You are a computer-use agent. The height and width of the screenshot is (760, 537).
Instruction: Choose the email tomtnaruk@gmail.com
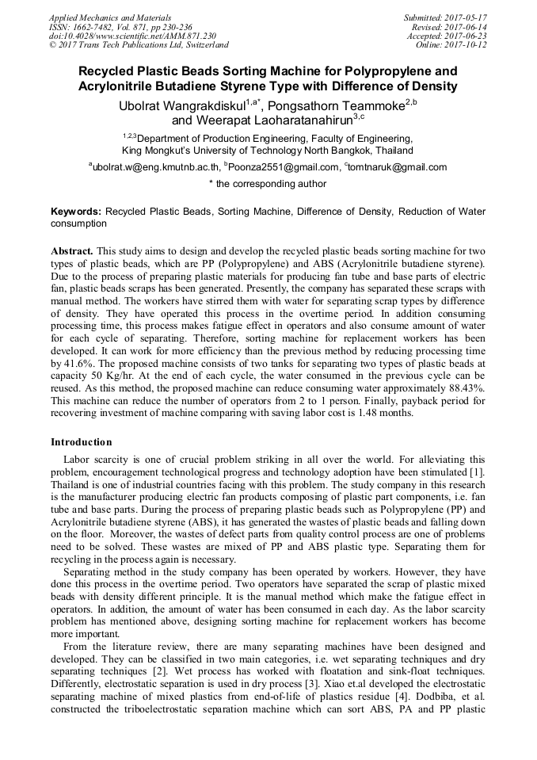pos(397,167)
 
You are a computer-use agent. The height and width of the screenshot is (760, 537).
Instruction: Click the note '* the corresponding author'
pos(268,184)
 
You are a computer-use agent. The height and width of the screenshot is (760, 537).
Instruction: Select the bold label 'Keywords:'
pos(76,212)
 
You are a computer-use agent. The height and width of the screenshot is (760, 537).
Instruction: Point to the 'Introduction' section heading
pos(82,441)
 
